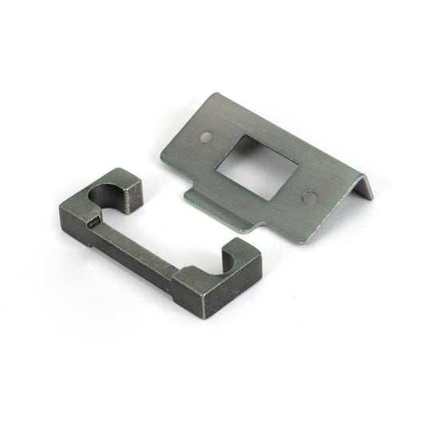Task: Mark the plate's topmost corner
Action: pos(214,93)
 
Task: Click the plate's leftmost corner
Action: pos(161,163)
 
